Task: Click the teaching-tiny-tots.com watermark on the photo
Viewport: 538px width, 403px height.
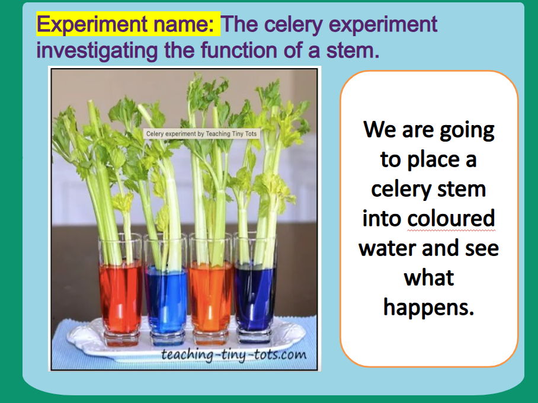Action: tap(234, 355)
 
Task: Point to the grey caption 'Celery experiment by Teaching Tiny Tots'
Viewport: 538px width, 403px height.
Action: tap(201, 134)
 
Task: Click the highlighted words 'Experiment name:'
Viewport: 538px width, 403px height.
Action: tap(128, 24)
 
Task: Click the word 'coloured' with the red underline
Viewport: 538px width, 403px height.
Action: tap(450, 219)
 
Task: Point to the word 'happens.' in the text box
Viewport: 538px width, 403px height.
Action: tap(429, 306)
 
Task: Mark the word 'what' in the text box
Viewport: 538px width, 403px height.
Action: tap(429, 277)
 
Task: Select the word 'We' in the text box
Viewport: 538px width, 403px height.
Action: tap(379, 129)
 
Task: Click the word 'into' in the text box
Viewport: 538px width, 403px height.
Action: tap(382, 218)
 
